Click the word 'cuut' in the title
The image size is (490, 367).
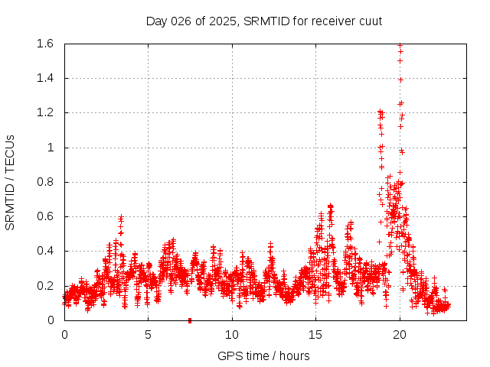pyautogui.click(x=369, y=21)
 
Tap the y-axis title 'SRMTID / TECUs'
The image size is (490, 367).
pyautogui.click(x=11, y=182)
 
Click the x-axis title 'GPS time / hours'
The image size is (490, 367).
pyautogui.click(x=264, y=356)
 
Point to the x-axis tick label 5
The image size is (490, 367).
pyautogui.click(x=149, y=334)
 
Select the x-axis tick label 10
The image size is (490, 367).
pyautogui.click(x=232, y=334)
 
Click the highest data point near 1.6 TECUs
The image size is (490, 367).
pyautogui.click(x=400, y=45)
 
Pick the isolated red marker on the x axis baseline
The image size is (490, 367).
pyautogui.click(x=189, y=320)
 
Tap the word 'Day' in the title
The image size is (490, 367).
pyautogui.click(x=156, y=21)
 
